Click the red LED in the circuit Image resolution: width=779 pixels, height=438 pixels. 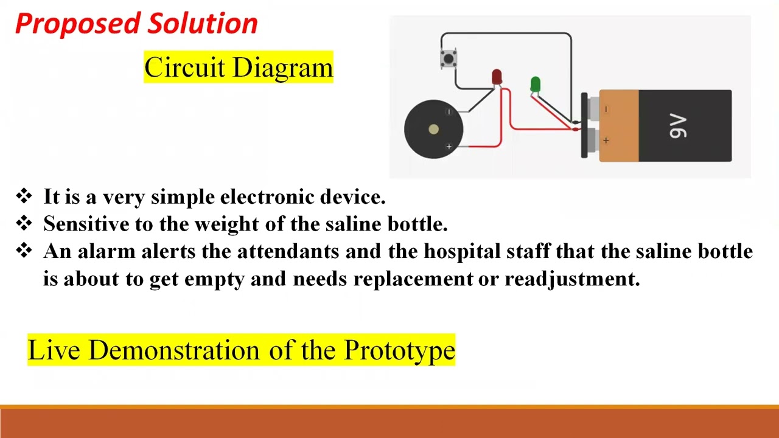click(497, 77)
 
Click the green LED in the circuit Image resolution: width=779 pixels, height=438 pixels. click(535, 84)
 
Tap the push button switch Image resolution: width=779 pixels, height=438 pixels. click(449, 59)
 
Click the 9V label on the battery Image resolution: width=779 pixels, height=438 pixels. click(678, 127)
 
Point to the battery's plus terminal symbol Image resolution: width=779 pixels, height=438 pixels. click(606, 141)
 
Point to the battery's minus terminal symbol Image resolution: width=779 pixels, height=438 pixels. click(606, 109)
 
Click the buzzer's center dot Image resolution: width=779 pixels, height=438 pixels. click(433, 129)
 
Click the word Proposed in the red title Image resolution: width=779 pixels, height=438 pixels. click(78, 24)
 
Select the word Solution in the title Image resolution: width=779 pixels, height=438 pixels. click(203, 24)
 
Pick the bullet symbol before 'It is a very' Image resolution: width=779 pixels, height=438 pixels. click(24, 196)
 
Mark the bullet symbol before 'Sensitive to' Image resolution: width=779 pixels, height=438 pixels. click(24, 223)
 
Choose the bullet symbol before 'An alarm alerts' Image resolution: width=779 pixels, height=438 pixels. click(24, 251)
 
